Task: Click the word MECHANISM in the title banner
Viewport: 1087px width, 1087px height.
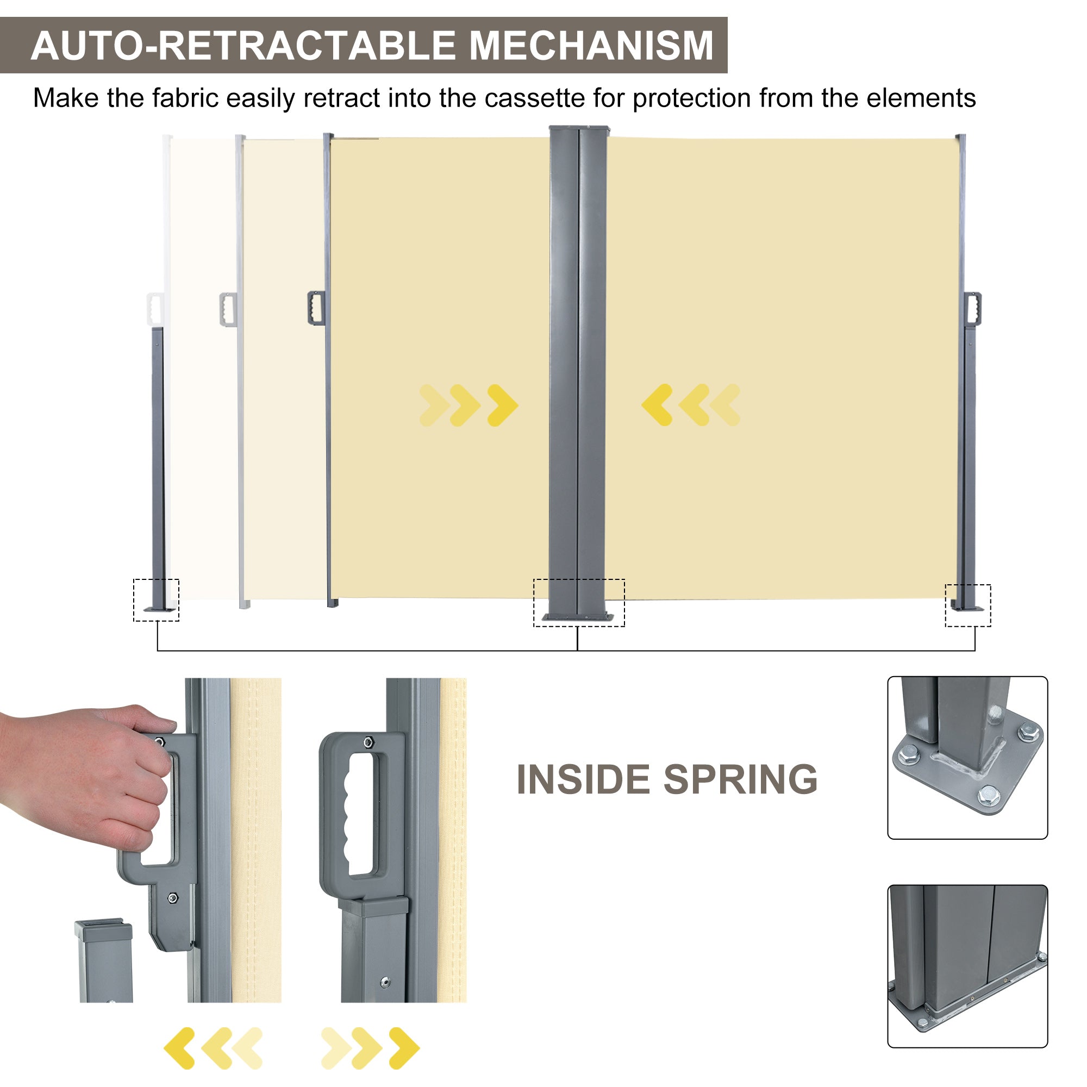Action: point(591,46)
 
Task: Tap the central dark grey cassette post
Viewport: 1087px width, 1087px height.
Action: point(578,366)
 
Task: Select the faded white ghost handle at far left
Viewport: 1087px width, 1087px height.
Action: point(154,308)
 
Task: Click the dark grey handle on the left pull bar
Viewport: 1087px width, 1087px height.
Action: point(316,308)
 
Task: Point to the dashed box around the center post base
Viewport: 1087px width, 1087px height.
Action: point(578,603)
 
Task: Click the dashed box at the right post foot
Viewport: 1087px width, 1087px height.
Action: point(967,605)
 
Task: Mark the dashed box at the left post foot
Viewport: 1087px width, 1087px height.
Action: point(156,600)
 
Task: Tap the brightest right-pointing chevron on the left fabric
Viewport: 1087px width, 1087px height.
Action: point(502,405)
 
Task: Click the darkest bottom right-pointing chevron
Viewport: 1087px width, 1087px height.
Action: point(404,1048)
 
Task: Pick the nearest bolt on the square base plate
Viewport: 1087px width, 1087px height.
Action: point(988,796)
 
